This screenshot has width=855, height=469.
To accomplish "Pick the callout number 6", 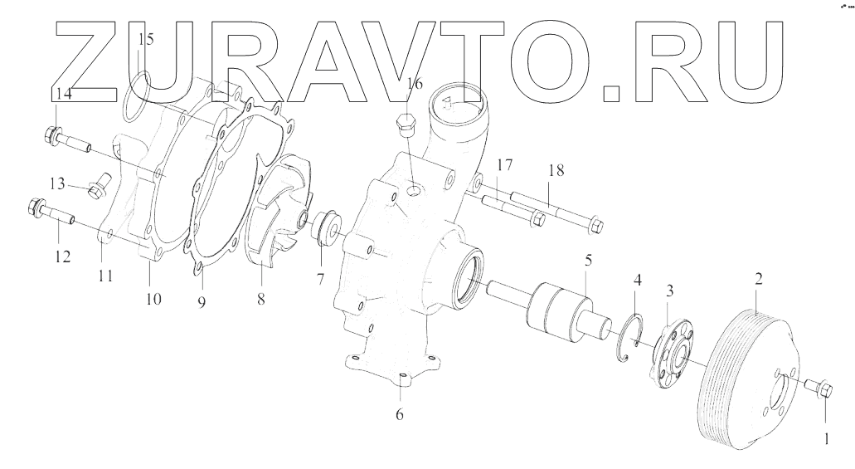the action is pyautogui.click(x=399, y=413).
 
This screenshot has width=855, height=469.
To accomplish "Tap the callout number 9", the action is pyautogui.click(x=201, y=301).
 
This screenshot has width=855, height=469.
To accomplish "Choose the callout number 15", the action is pyautogui.click(x=146, y=39).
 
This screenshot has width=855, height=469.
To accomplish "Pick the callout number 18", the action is pyautogui.click(x=555, y=170).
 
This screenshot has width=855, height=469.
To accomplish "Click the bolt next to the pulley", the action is pyautogui.click(x=820, y=386).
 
